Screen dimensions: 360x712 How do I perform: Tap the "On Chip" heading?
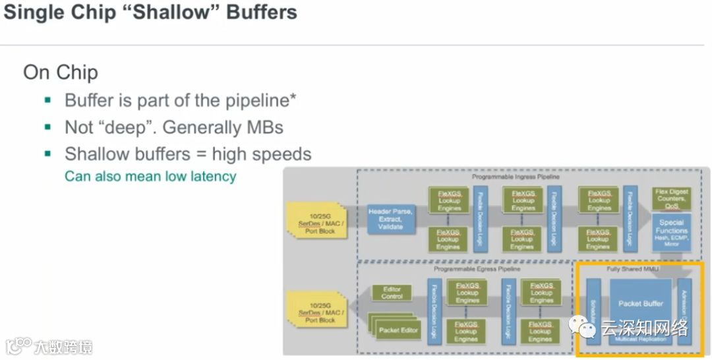[61, 72]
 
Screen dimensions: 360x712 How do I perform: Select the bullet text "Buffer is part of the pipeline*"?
[180, 100]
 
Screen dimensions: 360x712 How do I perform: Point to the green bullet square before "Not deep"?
[47, 127]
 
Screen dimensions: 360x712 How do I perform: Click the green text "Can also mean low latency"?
[150, 176]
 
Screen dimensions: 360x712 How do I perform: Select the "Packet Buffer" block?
[640, 304]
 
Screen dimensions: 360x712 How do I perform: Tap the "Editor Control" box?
[392, 293]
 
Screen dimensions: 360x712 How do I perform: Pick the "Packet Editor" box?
[398, 329]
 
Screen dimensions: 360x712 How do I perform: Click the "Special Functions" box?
[671, 232]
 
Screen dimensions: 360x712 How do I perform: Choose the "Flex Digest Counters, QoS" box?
[671, 198]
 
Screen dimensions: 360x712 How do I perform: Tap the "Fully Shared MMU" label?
[632, 269]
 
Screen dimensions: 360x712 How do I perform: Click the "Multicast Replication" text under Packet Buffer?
[640, 339]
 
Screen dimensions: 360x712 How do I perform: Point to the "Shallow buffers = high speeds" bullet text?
[188, 154]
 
